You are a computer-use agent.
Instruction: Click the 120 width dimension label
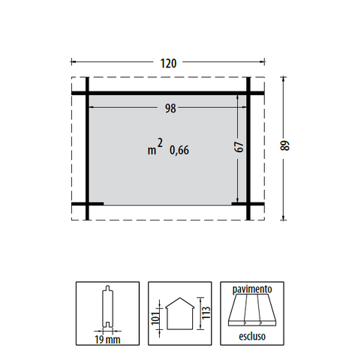tap(168, 64)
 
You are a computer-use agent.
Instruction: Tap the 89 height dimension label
tap(284, 145)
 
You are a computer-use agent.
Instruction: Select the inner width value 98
tap(170, 109)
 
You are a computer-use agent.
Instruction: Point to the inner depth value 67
tap(239, 147)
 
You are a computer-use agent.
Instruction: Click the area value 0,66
tap(179, 150)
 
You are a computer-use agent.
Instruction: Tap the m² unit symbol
tap(155, 147)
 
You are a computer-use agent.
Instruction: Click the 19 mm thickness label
tap(107, 340)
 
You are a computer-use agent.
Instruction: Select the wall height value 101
tap(155, 318)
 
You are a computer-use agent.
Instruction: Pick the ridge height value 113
tap(206, 313)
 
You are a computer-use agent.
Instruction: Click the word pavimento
tap(252, 289)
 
